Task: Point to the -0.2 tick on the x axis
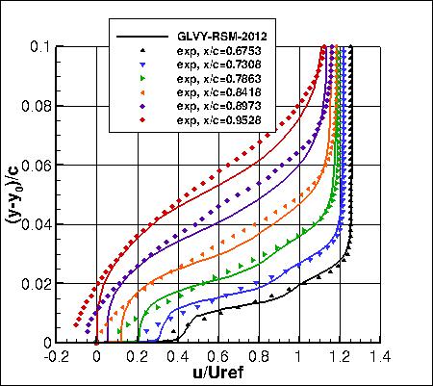[x=55, y=355]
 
